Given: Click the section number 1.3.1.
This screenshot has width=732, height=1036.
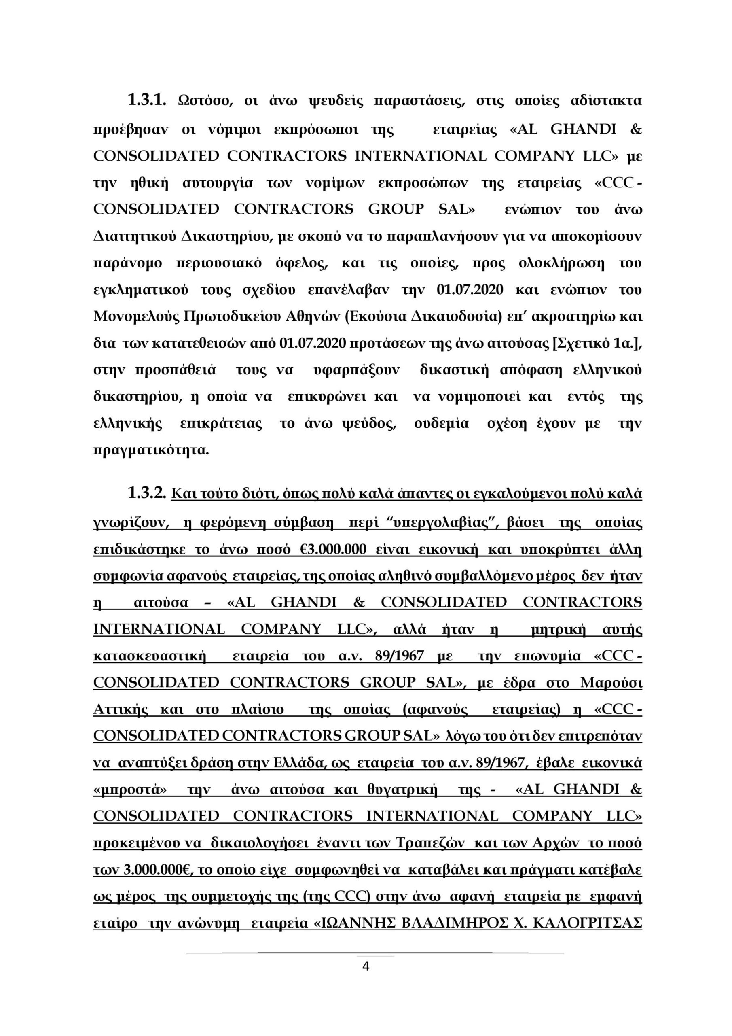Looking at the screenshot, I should [x=147, y=100].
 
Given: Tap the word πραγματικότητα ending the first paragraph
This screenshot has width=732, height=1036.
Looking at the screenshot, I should [x=151, y=450].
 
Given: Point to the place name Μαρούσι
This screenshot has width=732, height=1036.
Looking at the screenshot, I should [x=611, y=683].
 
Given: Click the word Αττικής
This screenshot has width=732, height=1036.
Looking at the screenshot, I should [x=121, y=710].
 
